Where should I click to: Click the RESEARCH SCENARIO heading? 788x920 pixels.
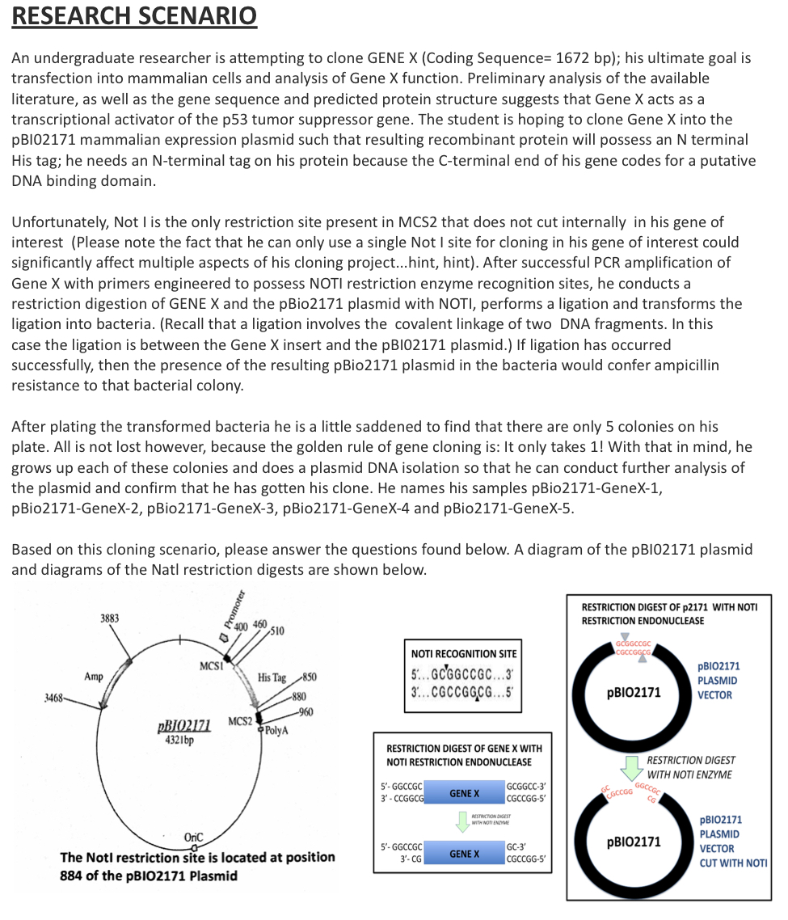pyautogui.click(x=134, y=16)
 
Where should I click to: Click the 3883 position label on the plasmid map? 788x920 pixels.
pyautogui.click(x=110, y=618)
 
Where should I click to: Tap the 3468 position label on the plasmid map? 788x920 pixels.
pyautogui.click(x=54, y=696)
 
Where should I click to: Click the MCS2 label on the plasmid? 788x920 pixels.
pyautogui.click(x=240, y=720)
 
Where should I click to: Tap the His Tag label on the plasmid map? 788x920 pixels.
pyautogui.click(x=272, y=677)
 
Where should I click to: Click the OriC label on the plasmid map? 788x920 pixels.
pyautogui.click(x=194, y=836)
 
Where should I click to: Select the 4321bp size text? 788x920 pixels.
pyautogui.click(x=178, y=740)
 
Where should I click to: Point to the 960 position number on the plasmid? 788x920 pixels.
pyautogui.click(x=306, y=711)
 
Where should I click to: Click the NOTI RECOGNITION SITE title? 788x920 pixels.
pyautogui.click(x=464, y=653)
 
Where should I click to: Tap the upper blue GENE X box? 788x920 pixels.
pyautogui.click(x=464, y=793)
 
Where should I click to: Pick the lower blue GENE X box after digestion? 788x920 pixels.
pyautogui.click(x=464, y=854)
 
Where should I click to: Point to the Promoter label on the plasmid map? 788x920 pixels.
pyautogui.click(x=237, y=606)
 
